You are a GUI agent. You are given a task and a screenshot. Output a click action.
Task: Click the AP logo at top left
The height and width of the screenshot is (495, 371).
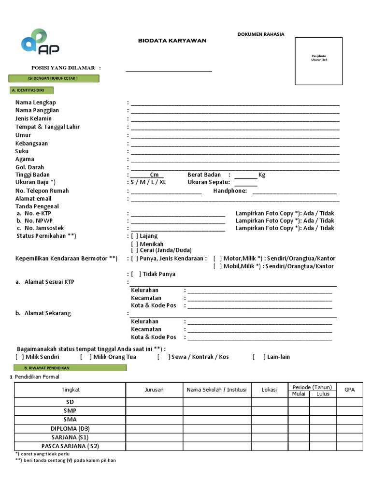coord(40,42)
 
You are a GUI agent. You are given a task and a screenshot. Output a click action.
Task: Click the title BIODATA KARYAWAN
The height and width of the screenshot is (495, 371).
coord(172,41)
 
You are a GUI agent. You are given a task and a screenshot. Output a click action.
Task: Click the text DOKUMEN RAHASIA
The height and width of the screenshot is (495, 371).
coord(261,34)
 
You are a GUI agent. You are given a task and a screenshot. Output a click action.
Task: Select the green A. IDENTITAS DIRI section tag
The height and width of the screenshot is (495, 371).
coord(31,90)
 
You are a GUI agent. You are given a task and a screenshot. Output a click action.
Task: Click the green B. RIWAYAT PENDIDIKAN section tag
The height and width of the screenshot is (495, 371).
coord(67,368)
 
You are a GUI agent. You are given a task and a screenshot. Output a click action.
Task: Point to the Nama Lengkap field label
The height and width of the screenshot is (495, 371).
coord(35,102)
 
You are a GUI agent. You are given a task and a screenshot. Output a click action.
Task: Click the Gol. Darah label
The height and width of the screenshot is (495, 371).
coord(29,167)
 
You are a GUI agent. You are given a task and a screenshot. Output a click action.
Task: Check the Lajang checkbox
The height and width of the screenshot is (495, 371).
coord(135,236)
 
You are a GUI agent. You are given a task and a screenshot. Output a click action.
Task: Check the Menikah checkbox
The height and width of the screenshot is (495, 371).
coord(135,244)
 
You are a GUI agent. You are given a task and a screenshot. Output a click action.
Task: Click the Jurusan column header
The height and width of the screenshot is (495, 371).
coord(154,390)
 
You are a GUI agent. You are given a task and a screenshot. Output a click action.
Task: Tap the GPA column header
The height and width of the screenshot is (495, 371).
coord(349,390)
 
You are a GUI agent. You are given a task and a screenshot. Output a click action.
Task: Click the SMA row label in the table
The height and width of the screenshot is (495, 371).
coord(70,420)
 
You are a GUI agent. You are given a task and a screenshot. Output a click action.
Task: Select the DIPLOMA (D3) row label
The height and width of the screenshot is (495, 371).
coord(70,428)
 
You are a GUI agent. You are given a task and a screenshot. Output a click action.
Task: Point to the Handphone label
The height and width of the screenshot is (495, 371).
coord(230,191)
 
